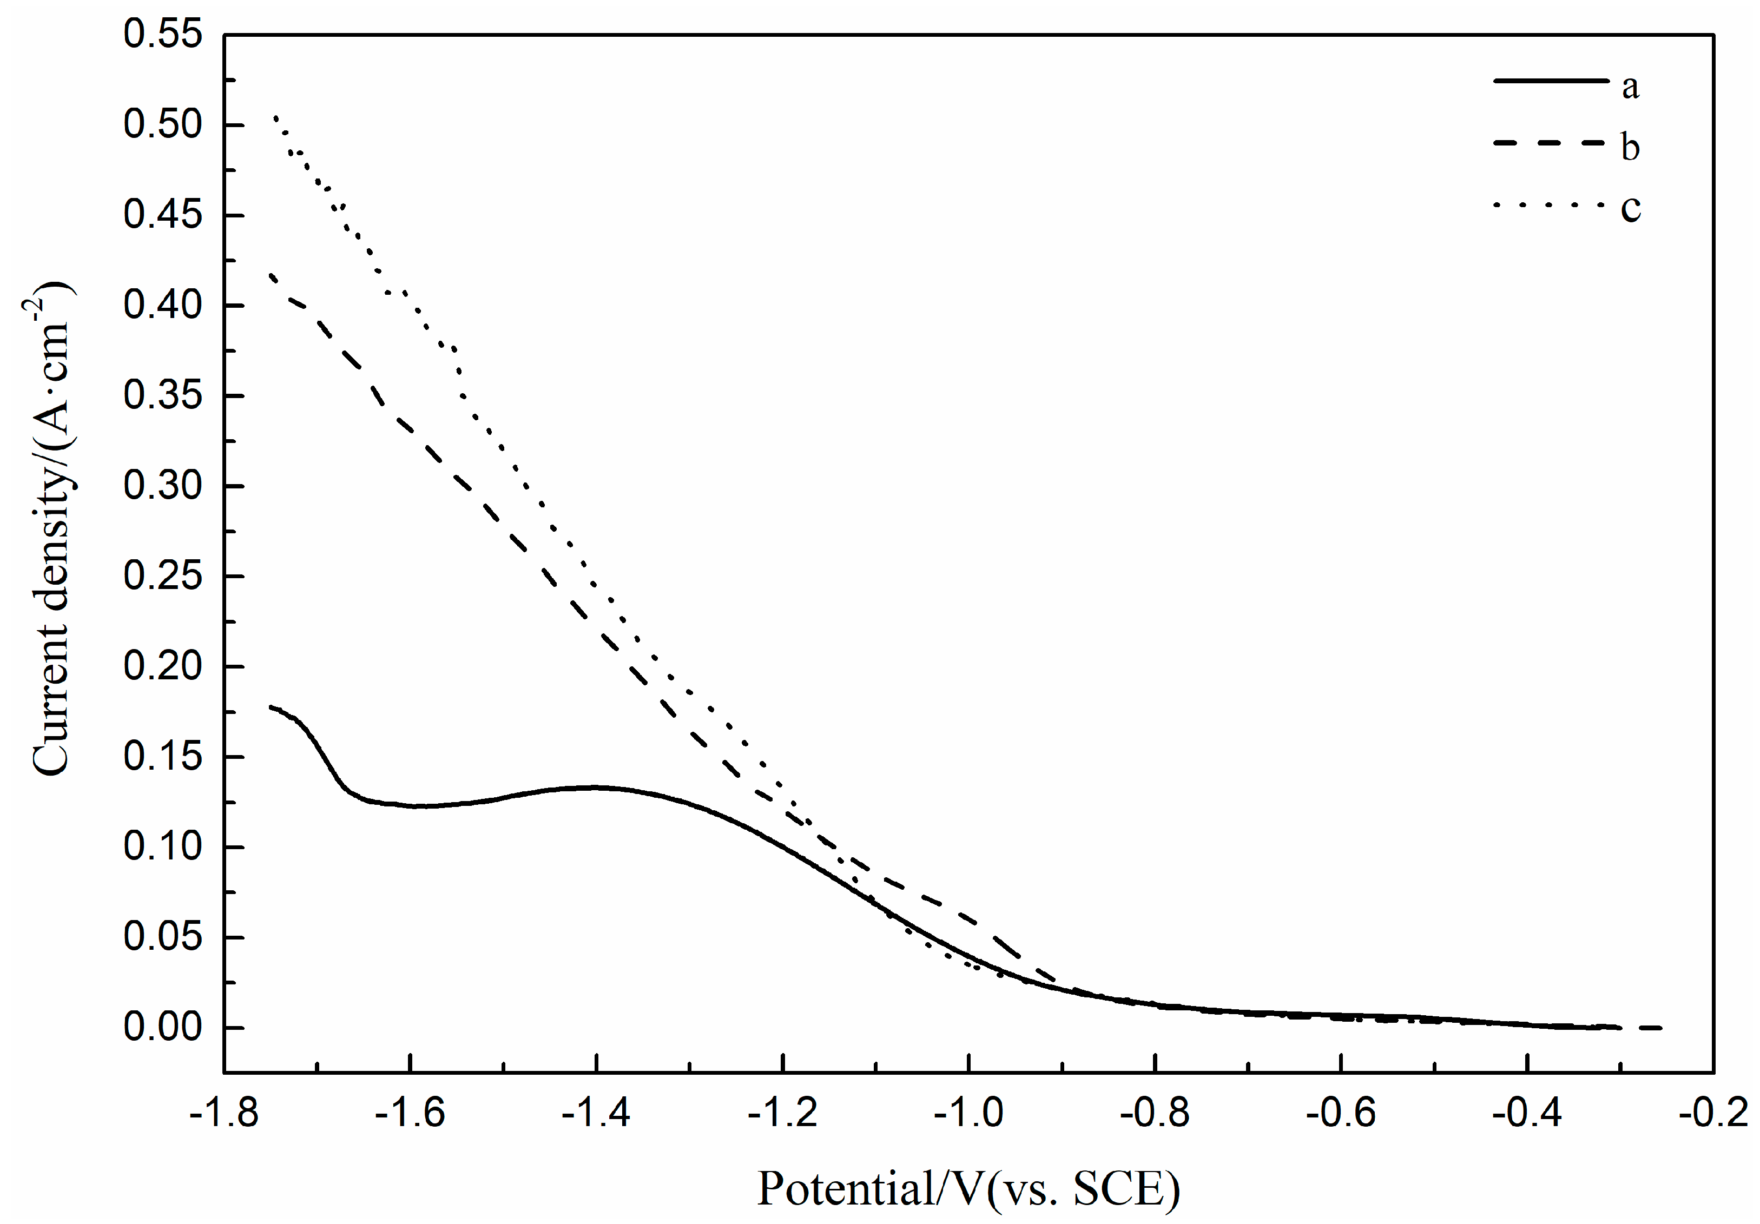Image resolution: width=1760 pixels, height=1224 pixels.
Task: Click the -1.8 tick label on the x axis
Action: tap(224, 1113)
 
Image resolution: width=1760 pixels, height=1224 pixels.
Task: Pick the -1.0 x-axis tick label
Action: tap(968, 1113)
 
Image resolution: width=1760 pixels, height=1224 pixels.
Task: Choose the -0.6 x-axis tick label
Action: tap(1341, 1113)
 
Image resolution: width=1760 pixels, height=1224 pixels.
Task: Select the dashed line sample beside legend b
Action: tap(1548, 143)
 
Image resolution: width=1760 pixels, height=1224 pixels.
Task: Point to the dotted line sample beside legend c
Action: tap(1548, 204)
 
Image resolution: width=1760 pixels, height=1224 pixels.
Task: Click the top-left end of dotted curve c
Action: tap(275, 116)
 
